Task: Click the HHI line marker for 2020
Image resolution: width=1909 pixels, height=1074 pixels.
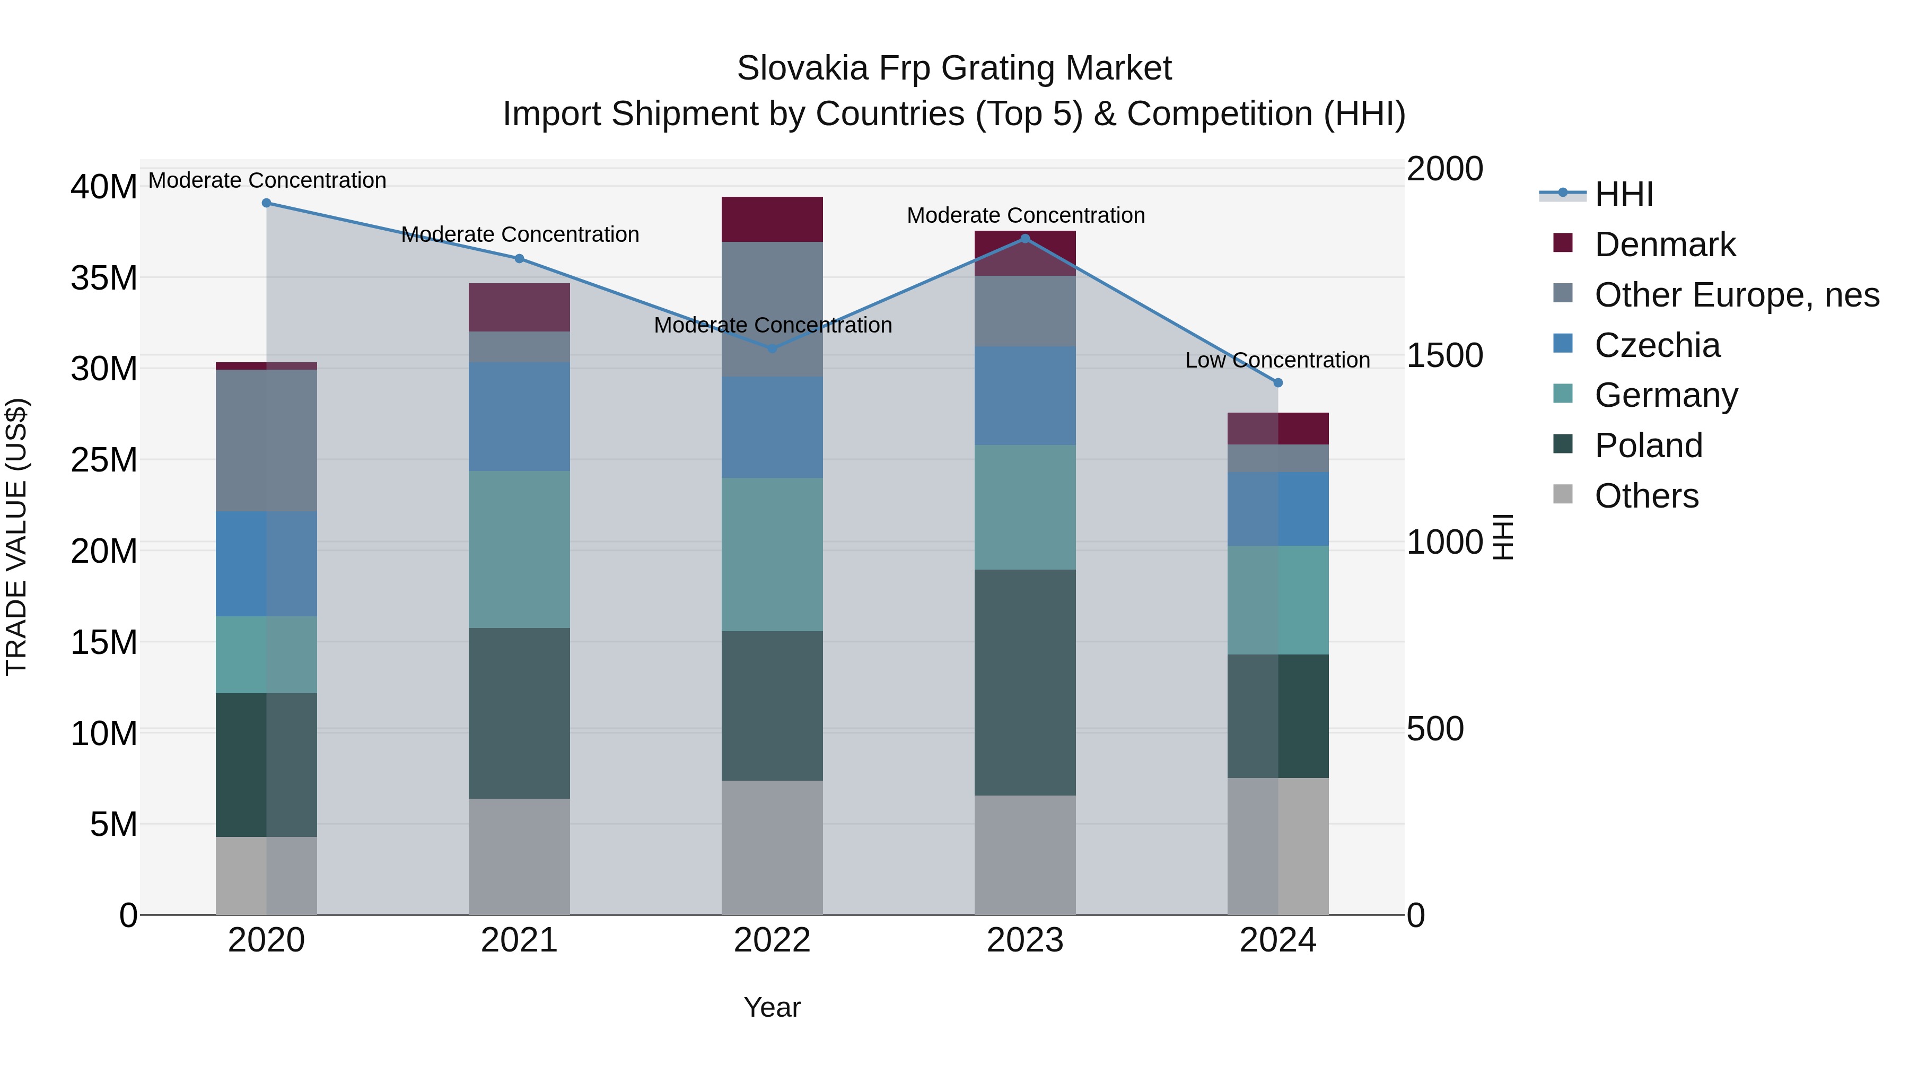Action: tap(266, 203)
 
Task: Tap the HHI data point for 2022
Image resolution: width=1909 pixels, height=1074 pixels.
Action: tap(772, 347)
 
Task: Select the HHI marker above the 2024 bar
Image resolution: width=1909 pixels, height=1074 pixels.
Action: tap(1277, 382)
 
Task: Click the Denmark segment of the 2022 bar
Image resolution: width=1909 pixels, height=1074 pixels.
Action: tap(772, 220)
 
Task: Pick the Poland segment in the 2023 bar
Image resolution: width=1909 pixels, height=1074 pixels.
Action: tap(1025, 682)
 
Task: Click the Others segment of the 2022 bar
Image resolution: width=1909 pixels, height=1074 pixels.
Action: tap(772, 846)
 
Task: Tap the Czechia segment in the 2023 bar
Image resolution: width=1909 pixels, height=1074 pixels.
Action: tap(1025, 396)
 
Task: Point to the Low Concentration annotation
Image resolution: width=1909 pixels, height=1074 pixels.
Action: tap(1277, 360)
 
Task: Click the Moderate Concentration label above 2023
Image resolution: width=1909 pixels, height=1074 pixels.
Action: tap(1026, 216)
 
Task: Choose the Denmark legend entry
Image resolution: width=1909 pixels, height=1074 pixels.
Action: tap(1665, 245)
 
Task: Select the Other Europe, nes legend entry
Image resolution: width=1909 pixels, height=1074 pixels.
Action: tap(1736, 295)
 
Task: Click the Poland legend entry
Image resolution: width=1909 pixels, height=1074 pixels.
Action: tap(1648, 446)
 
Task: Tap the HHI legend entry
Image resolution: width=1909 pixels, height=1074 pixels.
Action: tap(1623, 194)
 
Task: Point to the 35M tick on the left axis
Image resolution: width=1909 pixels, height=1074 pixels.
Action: tap(104, 278)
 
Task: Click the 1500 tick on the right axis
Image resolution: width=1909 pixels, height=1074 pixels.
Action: tap(1444, 356)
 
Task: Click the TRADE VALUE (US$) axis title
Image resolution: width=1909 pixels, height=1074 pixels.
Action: tap(16, 537)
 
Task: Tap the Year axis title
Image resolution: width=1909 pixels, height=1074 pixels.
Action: tap(772, 1007)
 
